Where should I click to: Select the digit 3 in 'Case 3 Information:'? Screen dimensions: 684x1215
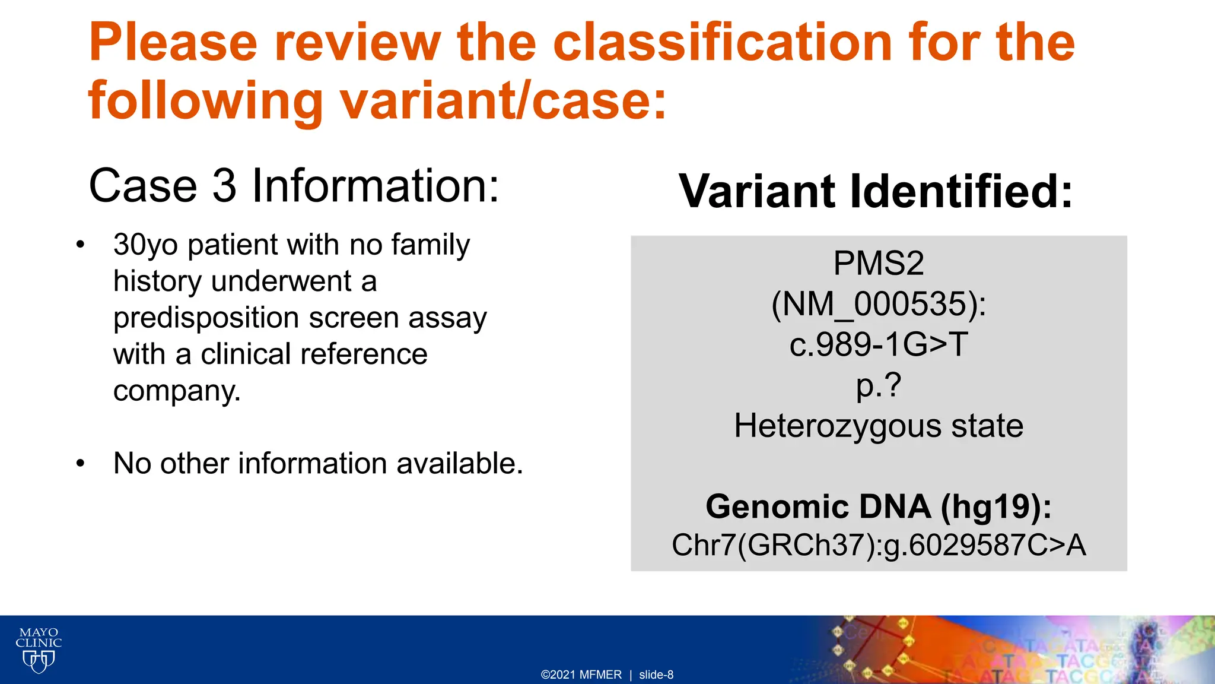224,185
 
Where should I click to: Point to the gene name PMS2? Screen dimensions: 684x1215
879,263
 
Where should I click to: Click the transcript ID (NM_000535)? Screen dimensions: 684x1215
879,304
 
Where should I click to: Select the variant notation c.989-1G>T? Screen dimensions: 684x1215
879,344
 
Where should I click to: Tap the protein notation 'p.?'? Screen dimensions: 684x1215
879,385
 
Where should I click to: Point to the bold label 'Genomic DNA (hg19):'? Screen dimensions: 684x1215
879,506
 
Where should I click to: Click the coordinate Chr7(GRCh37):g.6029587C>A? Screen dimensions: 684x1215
879,545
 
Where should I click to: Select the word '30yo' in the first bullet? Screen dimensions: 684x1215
145,245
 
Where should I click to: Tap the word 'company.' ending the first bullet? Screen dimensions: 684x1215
177,391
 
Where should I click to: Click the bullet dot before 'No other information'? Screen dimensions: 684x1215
81,464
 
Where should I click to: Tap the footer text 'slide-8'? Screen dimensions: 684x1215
656,674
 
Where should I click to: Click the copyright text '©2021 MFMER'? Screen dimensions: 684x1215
581,674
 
